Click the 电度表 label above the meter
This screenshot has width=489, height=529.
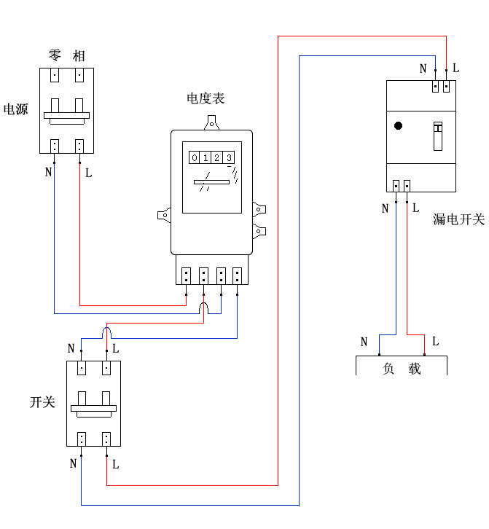click(206, 98)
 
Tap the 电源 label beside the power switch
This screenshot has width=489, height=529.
click(16, 110)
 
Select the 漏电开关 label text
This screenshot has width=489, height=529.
click(458, 219)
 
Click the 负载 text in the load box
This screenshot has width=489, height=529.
click(402, 369)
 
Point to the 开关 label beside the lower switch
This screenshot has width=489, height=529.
click(42, 401)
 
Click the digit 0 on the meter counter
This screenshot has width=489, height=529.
click(195, 157)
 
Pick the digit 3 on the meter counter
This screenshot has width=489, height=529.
click(229, 157)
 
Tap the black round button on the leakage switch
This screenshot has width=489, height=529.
click(398, 125)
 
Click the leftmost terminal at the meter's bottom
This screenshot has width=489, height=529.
click(186, 276)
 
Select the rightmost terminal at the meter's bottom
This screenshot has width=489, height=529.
click(237, 276)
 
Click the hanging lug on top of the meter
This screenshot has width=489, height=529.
click(212, 122)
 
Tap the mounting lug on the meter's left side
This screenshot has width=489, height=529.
click(164, 215)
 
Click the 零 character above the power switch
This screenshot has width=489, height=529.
click(55, 55)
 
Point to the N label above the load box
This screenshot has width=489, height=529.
click(364, 342)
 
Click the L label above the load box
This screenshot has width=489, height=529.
click(435, 341)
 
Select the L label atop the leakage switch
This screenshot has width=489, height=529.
click(455, 68)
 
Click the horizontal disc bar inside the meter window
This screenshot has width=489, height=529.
click(211, 181)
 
